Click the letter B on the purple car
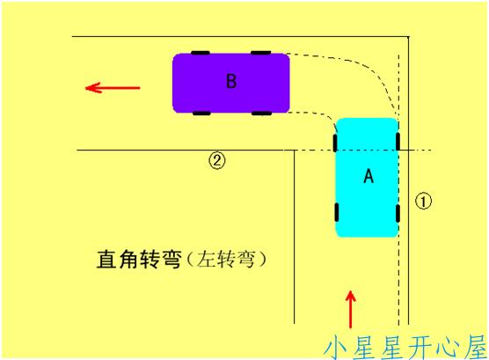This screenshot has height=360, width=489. click(x=231, y=81)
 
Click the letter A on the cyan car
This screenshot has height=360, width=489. click(x=369, y=175)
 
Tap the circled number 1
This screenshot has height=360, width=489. click(x=423, y=201)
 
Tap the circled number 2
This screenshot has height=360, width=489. click(x=216, y=160)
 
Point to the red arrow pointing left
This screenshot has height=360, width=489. click(x=113, y=88)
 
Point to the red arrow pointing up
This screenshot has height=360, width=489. click(x=351, y=309)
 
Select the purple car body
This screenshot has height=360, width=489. click(x=231, y=83)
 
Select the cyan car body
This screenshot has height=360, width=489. click(x=367, y=177)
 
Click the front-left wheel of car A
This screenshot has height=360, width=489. click(x=335, y=143)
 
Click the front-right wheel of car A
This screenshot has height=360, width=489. click(x=398, y=142)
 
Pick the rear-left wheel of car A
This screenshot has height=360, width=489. click(x=337, y=212)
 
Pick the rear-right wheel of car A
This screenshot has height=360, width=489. click(x=398, y=214)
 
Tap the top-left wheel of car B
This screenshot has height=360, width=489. click(x=201, y=53)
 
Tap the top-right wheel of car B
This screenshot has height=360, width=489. click(x=261, y=53)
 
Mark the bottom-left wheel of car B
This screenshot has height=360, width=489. click(x=201, y=113)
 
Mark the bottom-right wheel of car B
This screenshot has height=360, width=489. click(x=261, y=113)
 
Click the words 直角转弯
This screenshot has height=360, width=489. click(x=139, y=259)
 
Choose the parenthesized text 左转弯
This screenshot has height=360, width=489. click(x=227, y=259)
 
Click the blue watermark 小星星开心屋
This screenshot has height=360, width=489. click(x=405, y=347)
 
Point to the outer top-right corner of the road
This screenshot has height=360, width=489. click(x=409, y=37)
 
